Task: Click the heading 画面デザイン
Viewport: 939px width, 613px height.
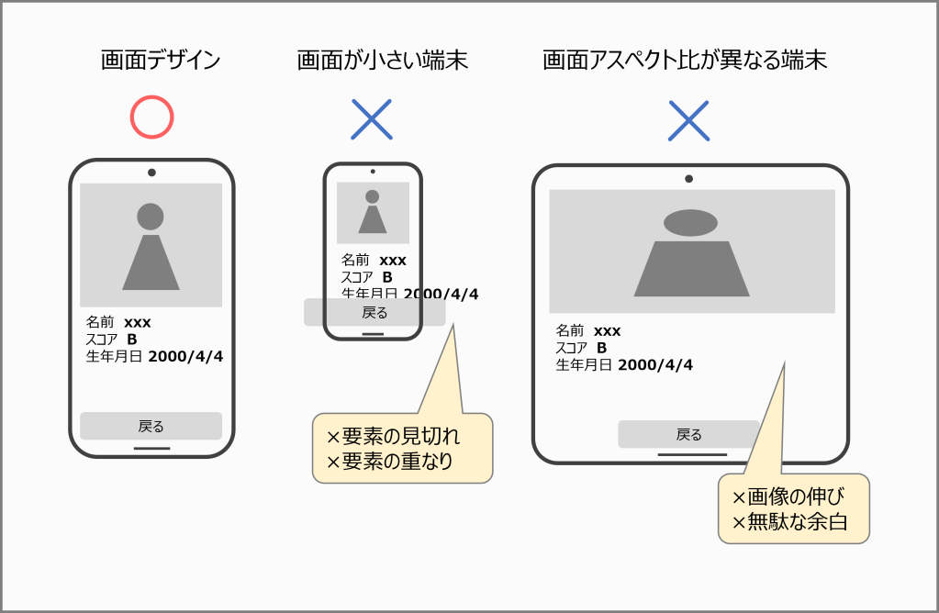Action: coord(161,61)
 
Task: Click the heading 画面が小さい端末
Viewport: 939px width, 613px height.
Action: coord(382,61)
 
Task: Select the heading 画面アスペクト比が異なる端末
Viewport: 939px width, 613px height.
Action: coord(685,61)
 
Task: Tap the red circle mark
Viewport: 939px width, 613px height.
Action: coord(151,117)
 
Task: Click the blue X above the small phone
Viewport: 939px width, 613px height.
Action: coord(372,119)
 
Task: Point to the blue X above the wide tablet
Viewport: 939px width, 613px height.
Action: coord(688,119)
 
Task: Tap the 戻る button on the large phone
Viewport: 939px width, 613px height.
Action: coord(151,426)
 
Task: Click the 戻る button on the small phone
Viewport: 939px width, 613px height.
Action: coord(374,312)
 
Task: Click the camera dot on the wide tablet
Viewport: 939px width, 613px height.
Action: coord(688,179)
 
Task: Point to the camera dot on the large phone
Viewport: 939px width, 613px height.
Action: coord(151,173)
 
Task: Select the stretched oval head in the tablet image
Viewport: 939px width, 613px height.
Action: coord(690,222)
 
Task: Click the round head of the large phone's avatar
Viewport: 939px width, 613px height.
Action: coord(151,217)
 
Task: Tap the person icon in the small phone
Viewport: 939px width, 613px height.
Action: coord(372,212)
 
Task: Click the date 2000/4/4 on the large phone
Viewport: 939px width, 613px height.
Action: coord(185,357)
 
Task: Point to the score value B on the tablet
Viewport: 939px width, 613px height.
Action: coord(602,348)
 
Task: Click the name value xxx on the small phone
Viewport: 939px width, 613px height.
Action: coord(393,261)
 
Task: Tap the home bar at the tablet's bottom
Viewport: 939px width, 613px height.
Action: coord(692,453)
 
